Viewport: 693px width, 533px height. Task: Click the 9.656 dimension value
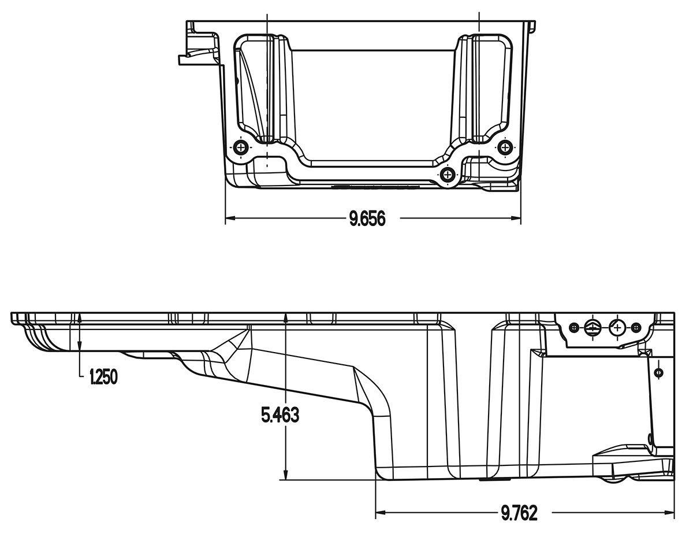367,219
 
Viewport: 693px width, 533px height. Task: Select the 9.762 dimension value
519,513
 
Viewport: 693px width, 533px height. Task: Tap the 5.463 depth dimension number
280,415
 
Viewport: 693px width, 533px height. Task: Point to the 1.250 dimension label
103,377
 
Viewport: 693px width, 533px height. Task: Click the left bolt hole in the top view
241,147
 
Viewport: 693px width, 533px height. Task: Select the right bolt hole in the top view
505,147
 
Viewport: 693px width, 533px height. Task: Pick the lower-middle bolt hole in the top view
448,174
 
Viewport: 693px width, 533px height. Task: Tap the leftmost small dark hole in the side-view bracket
573,328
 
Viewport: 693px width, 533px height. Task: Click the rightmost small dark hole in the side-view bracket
636,328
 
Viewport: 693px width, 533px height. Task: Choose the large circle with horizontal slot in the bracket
593,328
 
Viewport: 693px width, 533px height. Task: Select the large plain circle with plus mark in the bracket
617,328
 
